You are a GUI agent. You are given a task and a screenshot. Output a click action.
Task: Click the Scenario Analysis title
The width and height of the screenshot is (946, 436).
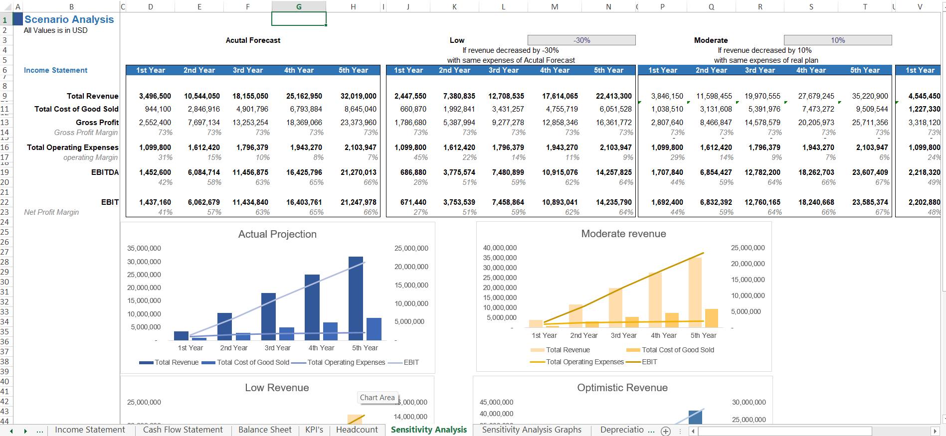pos(69,19)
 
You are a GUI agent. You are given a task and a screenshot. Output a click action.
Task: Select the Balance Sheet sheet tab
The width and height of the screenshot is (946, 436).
pos(265,430)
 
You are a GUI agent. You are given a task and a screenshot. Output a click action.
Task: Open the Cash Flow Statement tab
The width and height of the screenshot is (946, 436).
pos(183,430)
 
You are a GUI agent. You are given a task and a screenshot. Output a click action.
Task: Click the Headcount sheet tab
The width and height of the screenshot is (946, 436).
pos(357,430)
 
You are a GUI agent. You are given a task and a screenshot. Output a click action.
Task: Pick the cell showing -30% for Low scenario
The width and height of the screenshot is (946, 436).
pos(581,40)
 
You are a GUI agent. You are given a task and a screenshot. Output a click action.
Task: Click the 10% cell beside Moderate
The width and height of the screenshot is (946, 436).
pos(838,40)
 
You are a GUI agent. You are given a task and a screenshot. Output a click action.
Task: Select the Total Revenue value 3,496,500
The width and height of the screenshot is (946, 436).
pos(155,96)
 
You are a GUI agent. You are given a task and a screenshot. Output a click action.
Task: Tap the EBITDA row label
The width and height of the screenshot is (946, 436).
pos(105,172)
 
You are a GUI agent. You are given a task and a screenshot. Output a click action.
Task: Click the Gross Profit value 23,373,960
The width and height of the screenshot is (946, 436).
pos(358,123)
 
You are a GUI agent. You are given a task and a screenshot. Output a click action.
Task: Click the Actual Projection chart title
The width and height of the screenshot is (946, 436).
pos(277,234)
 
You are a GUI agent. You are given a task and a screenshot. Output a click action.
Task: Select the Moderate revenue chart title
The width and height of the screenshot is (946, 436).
pos(623,234)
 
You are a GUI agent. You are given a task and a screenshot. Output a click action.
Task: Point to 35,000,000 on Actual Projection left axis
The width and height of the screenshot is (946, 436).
pos(144,248)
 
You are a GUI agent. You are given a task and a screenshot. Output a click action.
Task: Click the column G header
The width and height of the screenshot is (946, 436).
pos(299,6)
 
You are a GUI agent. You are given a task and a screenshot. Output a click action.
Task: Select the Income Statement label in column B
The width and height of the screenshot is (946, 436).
pos(55,70)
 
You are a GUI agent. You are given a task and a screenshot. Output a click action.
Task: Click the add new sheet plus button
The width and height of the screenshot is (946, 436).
pos(666,431)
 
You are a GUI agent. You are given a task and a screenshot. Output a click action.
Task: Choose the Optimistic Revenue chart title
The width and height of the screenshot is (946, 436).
pos(622,388)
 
